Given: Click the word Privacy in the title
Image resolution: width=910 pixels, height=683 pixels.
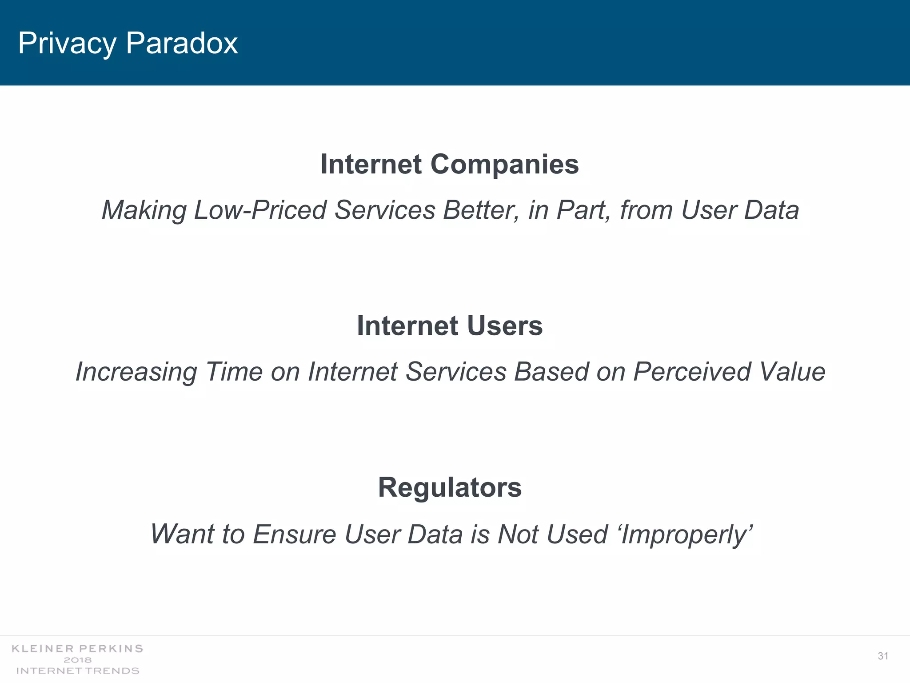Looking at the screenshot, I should [x=67, y=44].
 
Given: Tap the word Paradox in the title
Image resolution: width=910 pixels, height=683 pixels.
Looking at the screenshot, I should [x=182, y=44].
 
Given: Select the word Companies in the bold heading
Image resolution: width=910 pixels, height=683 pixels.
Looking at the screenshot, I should [x=504, y=165].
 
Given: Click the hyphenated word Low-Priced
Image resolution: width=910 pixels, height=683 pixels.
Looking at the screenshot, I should [x=260, y=210].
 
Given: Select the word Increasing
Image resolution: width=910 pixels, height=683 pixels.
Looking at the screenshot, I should [x=136, y=372].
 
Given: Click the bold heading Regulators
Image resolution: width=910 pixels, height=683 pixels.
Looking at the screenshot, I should [x=450, y=488].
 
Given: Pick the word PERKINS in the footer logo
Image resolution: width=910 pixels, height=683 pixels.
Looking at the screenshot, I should [x=111, y=649].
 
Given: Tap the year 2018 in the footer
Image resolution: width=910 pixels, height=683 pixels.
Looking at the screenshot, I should [x=78, y=660].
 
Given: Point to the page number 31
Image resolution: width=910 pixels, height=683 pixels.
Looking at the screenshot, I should [x=883, y=656].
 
